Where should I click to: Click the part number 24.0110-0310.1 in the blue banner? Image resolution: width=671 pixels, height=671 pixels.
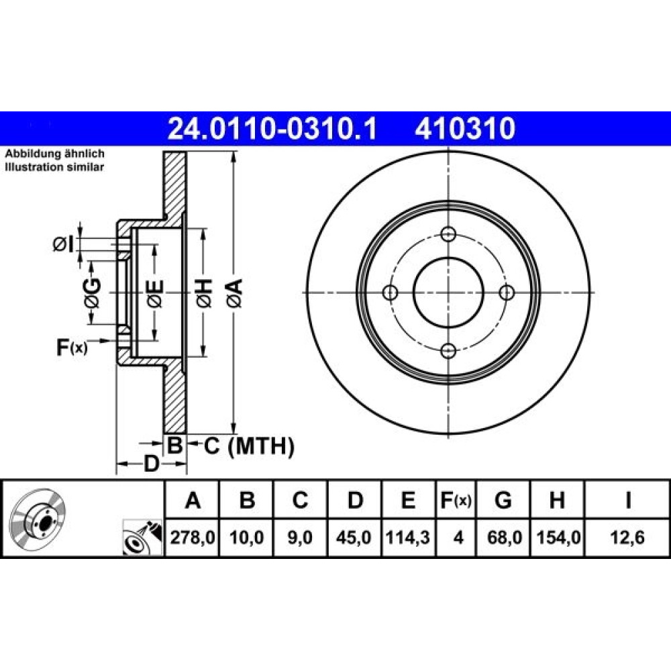[272, 128]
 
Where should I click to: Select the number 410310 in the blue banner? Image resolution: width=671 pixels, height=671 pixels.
[465, 128]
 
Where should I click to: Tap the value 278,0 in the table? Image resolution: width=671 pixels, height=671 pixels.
[192, 537]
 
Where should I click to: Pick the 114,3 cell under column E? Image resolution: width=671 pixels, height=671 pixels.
[408, 537]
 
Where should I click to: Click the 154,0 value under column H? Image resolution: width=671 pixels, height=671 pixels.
[558, 537]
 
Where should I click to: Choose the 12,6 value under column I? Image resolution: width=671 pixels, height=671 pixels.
[627, 537]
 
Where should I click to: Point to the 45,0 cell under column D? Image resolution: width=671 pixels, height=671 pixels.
[354, 537]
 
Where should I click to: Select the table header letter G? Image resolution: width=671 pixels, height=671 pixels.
[503, 500]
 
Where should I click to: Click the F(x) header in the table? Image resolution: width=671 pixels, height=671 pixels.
[456, 500]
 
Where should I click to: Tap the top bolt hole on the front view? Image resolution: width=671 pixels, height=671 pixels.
[448, 234]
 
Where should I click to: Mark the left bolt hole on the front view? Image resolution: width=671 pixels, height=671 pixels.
[390, 293]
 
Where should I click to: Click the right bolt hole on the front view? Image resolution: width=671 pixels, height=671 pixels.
[507, 293]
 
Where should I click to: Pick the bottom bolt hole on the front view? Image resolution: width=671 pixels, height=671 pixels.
[448, 351]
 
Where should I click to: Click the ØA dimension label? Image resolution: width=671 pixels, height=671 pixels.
[235, 294]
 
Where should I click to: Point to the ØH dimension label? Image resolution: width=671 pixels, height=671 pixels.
[204, 294]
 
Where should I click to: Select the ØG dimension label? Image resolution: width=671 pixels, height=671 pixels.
[92, 294]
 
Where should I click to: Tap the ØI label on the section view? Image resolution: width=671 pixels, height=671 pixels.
[63, 244]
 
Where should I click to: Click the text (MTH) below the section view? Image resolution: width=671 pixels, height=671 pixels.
[261, 447]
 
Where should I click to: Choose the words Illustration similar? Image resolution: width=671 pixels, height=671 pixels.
[54, 167]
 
